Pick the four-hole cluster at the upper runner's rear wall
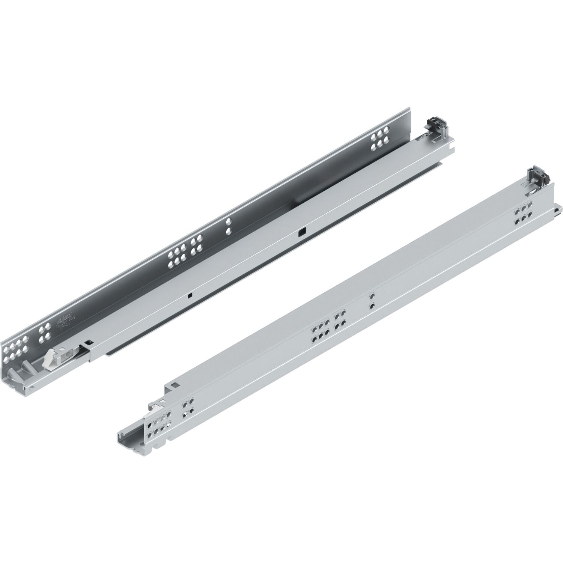380,137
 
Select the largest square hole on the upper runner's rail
301,233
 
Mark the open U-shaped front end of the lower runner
129,441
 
